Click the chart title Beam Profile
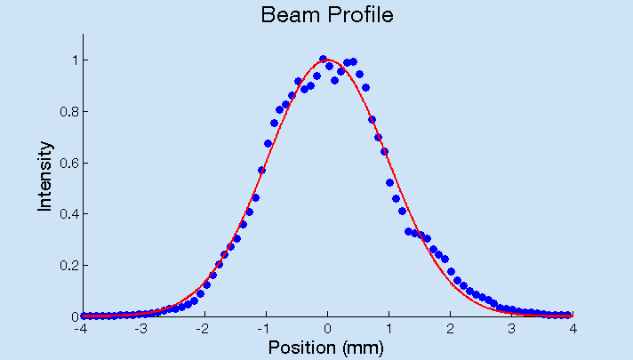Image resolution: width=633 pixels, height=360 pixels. [x=326, y=15]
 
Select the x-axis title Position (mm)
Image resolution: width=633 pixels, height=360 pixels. [x=326, y=347]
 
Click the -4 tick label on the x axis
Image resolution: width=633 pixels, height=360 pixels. [x=82, y=327]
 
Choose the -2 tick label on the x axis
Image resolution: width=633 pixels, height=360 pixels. [x=204, y=327]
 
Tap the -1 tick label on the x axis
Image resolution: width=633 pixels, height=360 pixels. [x=265, y=327]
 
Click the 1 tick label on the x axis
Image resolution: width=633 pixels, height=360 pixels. [x=389, y=327]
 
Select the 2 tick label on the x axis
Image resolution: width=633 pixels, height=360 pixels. [x=451, y=327]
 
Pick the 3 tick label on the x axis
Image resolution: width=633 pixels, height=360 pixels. [x=512, y=327]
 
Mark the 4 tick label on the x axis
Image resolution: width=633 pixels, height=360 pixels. [x=573, y=327]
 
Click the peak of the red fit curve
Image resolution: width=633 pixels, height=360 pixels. [x=328, y=60]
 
